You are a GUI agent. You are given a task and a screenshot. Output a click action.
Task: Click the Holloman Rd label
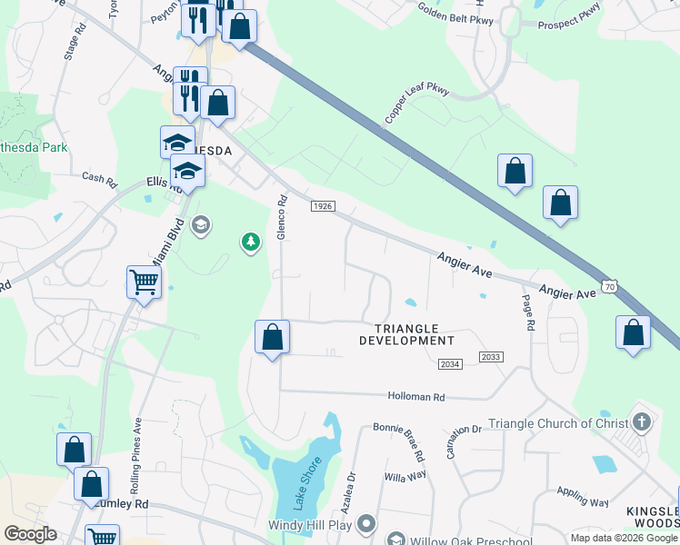pos(416,397)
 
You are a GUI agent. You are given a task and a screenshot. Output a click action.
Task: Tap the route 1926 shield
pos(322,207)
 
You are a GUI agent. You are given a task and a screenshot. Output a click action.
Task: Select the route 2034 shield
pos(450,364)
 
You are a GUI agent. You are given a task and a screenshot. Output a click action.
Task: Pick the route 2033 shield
pos(490,357)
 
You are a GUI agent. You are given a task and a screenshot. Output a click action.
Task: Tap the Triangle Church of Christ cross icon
pos(643,421)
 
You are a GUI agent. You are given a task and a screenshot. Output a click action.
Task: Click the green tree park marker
pos(251,242)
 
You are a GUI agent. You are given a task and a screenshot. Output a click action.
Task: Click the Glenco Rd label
pos(283,218)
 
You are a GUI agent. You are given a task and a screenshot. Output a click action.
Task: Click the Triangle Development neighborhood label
pos(406,334)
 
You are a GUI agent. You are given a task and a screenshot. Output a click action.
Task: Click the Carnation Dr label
pos(463,441)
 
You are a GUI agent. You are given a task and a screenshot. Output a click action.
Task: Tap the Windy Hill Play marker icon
pos(366,524)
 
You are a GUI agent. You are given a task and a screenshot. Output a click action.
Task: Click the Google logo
pos(30,534)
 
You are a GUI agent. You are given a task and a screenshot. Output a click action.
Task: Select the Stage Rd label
pos(70,43)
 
